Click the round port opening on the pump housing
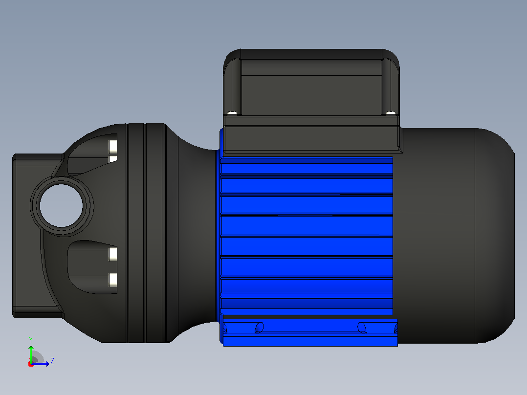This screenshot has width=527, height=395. pos(61,205)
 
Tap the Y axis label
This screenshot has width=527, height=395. pos(31,340)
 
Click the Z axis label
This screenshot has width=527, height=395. pos(52,361)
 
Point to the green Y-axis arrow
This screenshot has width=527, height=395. pos(31,353)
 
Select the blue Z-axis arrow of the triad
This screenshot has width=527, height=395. pos(40,364)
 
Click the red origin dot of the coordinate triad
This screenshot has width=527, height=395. pos(31,364)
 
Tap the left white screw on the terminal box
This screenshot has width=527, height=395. pos(232,113)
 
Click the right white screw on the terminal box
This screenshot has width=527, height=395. pos(390,113)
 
